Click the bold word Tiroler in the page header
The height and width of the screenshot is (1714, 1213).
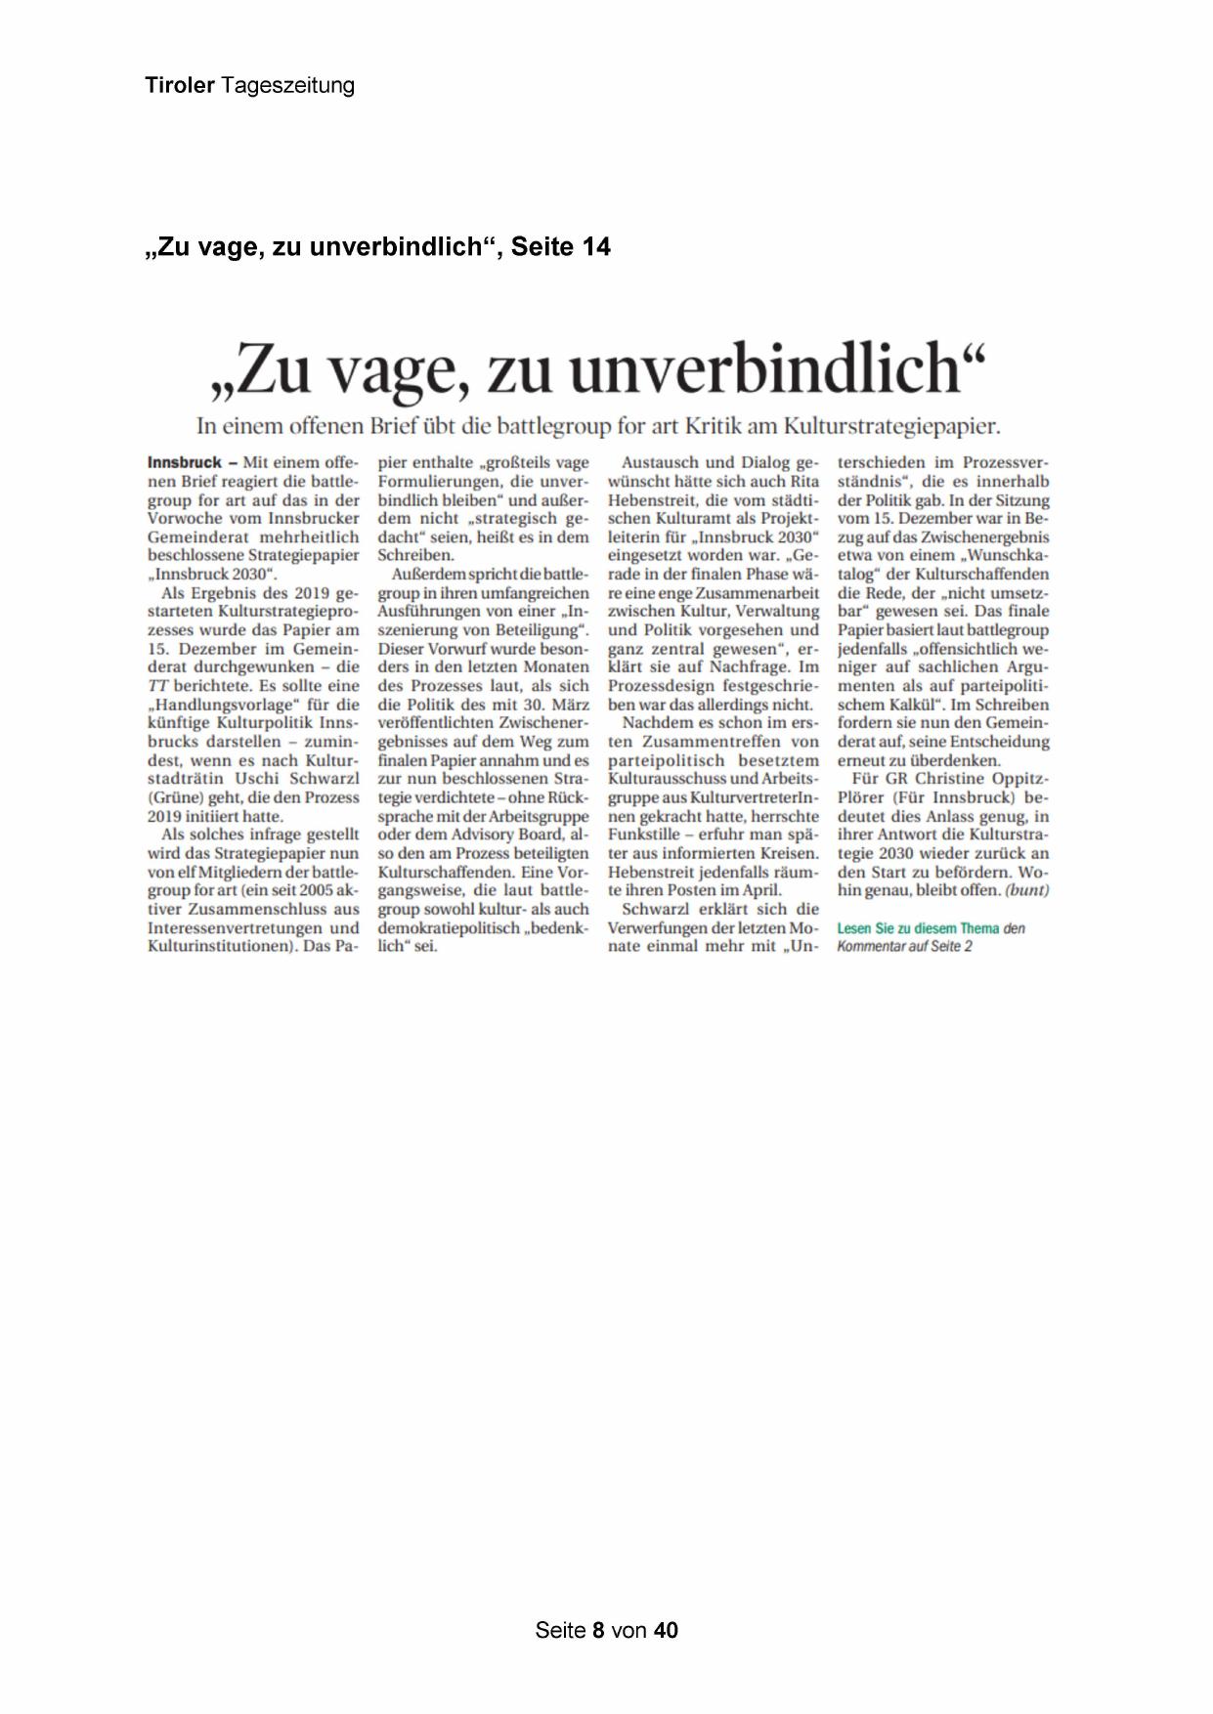[x=180, y=86]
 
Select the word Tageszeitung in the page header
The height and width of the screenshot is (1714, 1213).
[x=287, y=86]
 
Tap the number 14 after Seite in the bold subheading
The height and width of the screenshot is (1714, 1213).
[x=594, y=247]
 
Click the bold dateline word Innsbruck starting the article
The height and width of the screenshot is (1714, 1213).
[x=185, y=462]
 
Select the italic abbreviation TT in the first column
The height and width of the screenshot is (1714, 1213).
[x=157, y=686]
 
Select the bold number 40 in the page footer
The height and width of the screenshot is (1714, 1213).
[x=666, y=1630]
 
